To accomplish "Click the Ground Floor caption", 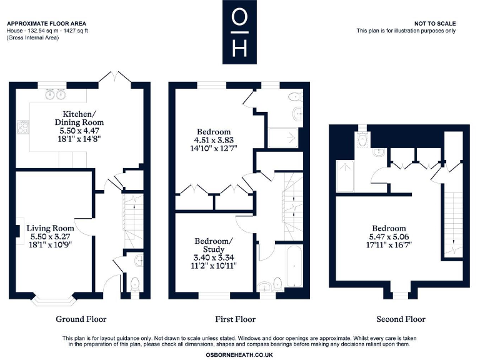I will pos(81,319).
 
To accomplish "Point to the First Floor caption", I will pos(236,319).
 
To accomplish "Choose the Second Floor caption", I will pos(401,319).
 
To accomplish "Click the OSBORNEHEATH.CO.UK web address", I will pos(239,354).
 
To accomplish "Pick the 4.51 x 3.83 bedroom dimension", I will pos(215,141).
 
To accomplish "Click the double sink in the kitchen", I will pos(54,95).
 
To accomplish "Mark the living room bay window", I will pos(55,299).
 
